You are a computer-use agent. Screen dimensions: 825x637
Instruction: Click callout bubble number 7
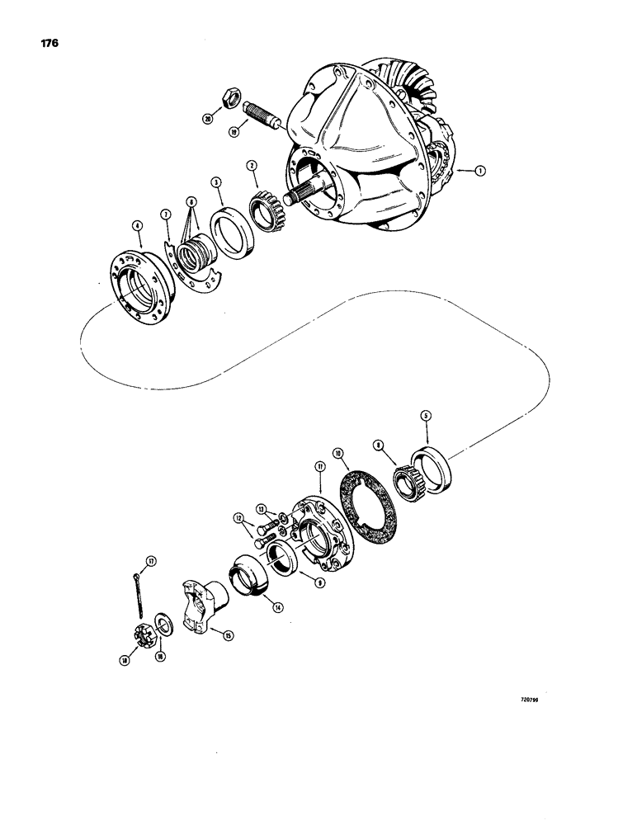coord(166,214)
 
